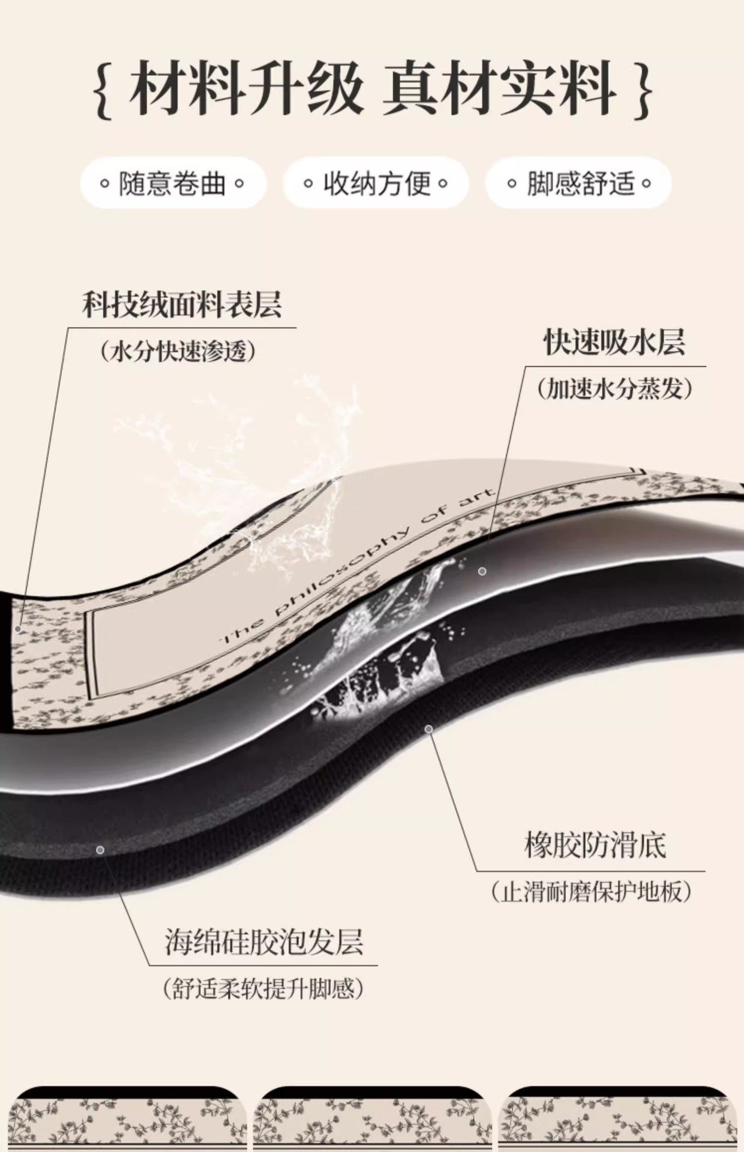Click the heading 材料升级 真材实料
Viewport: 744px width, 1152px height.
tap(372, 89)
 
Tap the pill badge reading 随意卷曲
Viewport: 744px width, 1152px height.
tap(173, 183)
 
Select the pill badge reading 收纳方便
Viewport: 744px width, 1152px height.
tap(376, 183)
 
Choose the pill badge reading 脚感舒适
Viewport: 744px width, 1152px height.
tap(579, 183)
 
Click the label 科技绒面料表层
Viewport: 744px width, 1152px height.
tap(182, 305)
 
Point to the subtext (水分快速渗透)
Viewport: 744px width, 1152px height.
tap(179, 351)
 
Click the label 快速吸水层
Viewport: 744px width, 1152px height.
tap(614, 343)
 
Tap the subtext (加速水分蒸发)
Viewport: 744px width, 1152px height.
tap(614, 389)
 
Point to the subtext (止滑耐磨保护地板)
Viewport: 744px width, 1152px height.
tap(591, 892)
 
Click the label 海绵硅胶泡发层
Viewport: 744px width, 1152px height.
tap(264, 941)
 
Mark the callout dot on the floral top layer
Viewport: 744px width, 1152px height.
tap(19, 629)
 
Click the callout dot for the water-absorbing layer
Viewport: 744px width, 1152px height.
tap(482, 571)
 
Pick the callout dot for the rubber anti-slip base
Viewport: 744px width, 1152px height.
tap(429, 729)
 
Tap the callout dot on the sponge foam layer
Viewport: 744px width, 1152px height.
tap(100, 850)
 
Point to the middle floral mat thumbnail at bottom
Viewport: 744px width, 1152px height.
tap(372, 1119)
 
